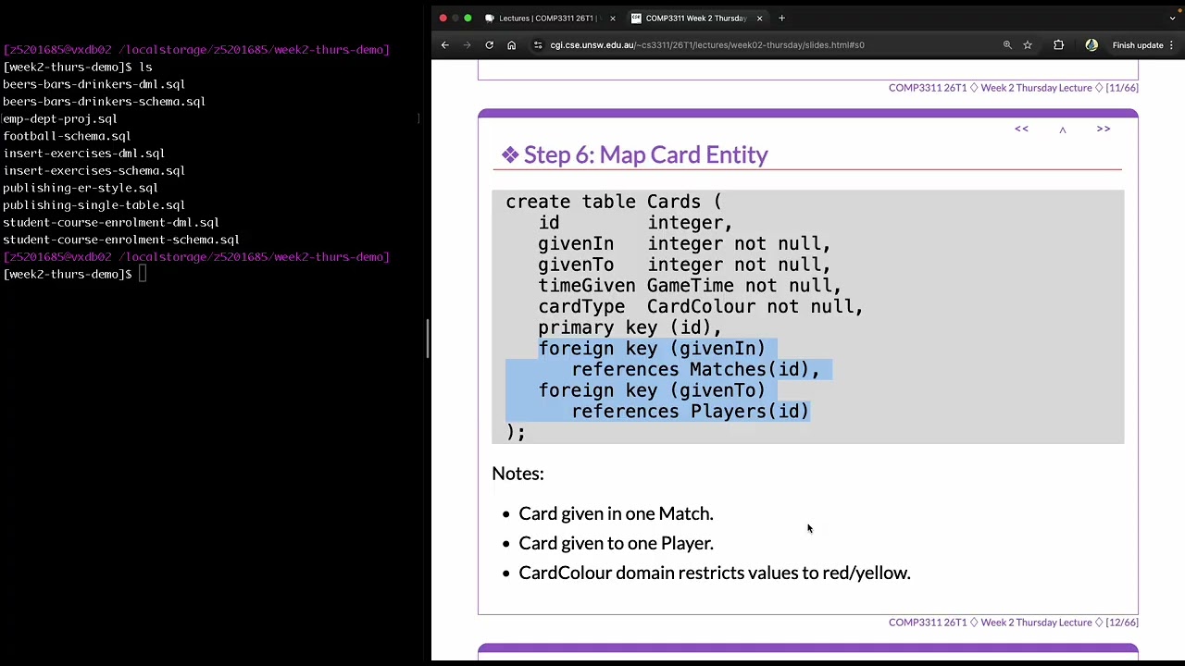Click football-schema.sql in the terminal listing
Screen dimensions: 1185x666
(67, 136)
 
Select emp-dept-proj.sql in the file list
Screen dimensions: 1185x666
(60, 119)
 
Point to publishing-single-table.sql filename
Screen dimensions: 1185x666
(94, 205)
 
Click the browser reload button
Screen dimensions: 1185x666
(490, 45)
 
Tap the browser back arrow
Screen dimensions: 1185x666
(445, 45)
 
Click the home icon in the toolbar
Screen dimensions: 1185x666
(512, 45)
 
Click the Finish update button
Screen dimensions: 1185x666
(1138, 45)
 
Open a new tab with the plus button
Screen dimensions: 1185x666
(782, 18)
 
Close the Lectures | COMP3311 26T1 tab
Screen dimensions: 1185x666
(613, 18)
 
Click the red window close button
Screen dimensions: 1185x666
(443, 18)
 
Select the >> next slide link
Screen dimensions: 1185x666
(1104, 129)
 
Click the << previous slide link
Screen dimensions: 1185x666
(1021, 129)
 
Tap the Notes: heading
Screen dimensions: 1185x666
(518, 473)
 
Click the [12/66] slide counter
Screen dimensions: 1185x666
(1122, 623)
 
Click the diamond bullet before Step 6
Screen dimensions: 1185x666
(510, 154)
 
